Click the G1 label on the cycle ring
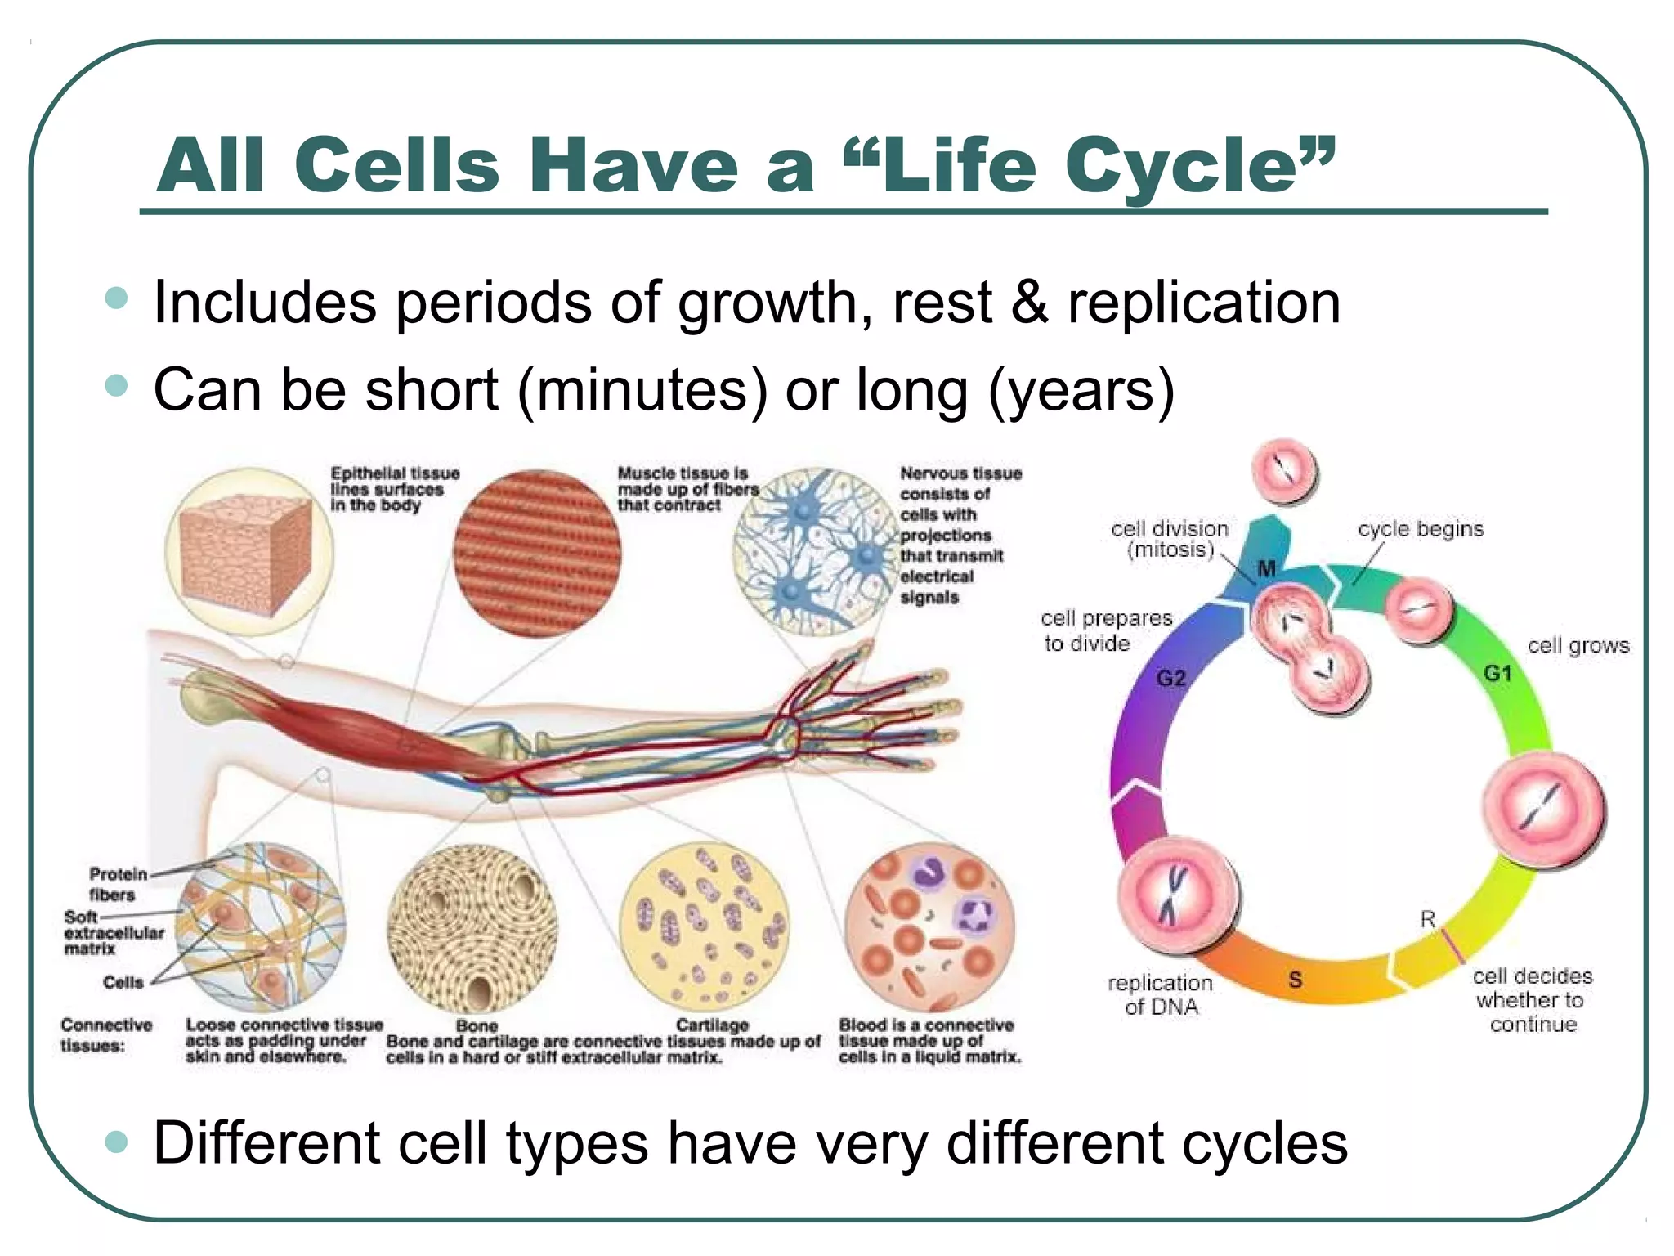pyautogui.click(x=1497, y=673)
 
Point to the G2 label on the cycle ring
pyautogui.click(x=1170, y=678)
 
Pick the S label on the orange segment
pyautogui.click(x=1295, y=979)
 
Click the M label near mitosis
pyautogui.click(x=1266, y=568)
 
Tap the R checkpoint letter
pyautogui.click(x=1427, y=919)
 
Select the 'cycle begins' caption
pyautogui.click(x=1420, y=529)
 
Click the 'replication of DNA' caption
pyautogui.click(x=1161, y=994)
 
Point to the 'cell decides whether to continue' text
pyautogui.click(x=1532, y=999)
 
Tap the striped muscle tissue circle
pyautogui.click(x=537, y=554)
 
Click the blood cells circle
pyautogui.click(x=929, y=927)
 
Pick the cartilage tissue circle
pyautogui.click(x=705, y=927)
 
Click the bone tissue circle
pyautogui.click(x=472, y=929)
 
